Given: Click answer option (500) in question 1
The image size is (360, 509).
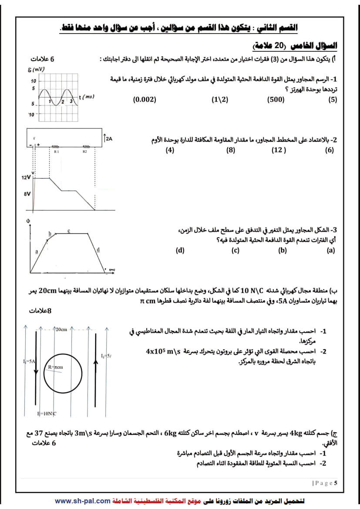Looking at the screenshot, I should tap(276, 99).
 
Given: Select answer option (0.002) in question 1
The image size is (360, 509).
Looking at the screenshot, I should tap(145, 99).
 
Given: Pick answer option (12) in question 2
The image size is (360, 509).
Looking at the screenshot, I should tap(279, 150).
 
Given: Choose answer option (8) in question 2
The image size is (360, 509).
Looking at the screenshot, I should tap(231, 150).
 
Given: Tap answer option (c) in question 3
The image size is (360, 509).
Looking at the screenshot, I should tap(236, 250).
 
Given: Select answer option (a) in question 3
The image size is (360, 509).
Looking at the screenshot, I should tap(331, 250).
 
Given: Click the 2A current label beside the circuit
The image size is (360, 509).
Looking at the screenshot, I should tap(109, 139).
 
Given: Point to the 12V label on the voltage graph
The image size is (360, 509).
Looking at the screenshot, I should tap(26, 178).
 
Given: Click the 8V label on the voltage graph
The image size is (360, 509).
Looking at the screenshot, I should tap(27, 194).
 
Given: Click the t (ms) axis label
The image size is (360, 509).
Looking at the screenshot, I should tap(87, 97).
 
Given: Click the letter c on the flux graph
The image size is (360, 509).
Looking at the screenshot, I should tap(69, 230).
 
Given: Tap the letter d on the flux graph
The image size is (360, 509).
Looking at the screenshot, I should tap(98, 249).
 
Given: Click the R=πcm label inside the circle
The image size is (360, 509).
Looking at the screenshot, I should tap(55, 367).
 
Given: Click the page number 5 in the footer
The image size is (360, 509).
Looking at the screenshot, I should tap(336, 483).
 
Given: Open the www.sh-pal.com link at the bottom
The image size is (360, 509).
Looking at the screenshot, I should tap(83, 501).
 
